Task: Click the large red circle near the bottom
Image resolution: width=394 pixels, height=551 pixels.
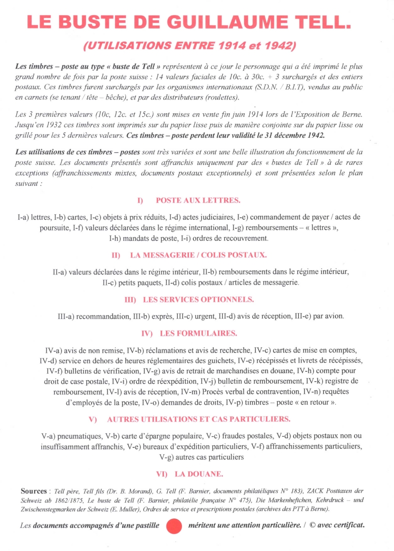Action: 174,525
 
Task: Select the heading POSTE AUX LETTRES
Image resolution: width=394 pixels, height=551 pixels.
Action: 198,200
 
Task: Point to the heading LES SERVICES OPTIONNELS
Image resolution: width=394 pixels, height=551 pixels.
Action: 198,300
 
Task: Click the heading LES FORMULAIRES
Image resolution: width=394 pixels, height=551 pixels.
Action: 198,333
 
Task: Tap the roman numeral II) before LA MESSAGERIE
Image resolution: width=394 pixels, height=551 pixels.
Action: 116,255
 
